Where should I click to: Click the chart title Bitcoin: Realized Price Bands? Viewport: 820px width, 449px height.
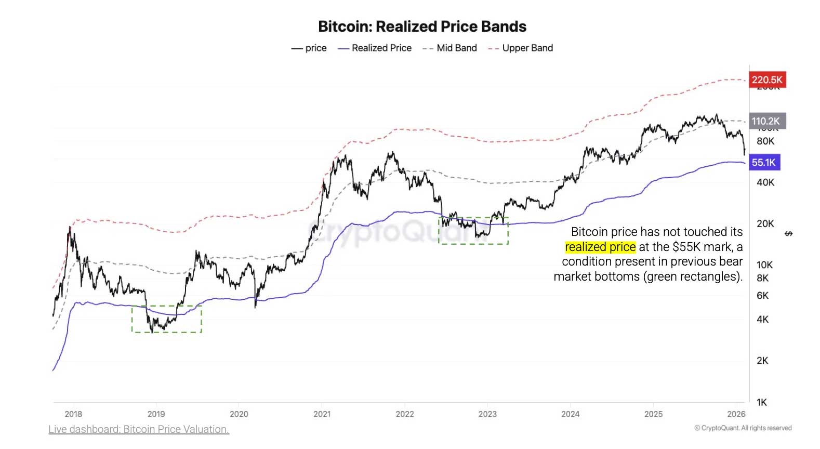(422, 27)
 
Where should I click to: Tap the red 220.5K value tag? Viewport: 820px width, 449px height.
(766, 80)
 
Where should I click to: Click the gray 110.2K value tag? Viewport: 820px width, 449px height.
(766, 121)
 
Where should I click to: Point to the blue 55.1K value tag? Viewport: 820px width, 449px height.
(764, 162)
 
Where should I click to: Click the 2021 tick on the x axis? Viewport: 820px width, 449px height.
(322, 414)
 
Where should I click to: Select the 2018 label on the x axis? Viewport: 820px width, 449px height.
(73, 414)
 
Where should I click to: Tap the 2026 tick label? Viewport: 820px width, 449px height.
(736, 414)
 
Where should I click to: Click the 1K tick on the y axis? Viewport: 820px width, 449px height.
(762, 402)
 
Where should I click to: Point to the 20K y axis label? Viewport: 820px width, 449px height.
(765, 223)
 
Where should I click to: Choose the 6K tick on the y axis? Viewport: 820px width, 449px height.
(762, 295)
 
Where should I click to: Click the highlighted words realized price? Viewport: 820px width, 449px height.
(600, 247)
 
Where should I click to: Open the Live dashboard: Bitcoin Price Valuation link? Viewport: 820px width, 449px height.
(139, 429)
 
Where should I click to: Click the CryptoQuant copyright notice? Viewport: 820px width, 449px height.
(743, 428)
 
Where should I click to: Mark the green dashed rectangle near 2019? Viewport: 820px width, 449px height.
(166, 319)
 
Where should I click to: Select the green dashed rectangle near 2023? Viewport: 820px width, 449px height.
(473, 231)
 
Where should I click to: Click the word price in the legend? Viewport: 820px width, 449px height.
(316, 48)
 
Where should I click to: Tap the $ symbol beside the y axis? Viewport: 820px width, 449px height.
(788, 233)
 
